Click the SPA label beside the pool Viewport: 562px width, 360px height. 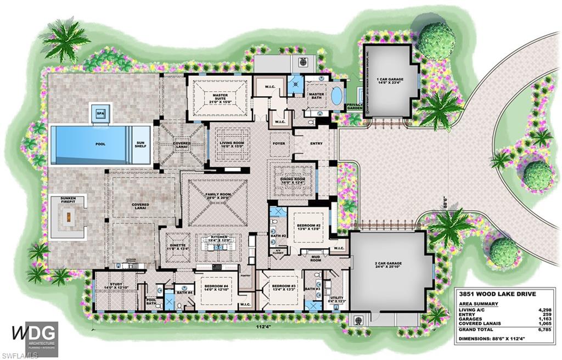pos(100,114)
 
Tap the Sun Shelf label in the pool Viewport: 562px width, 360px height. pos(140,145)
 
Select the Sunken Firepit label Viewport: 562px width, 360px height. pos(69,199)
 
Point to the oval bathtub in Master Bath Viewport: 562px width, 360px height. pos(336,97)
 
